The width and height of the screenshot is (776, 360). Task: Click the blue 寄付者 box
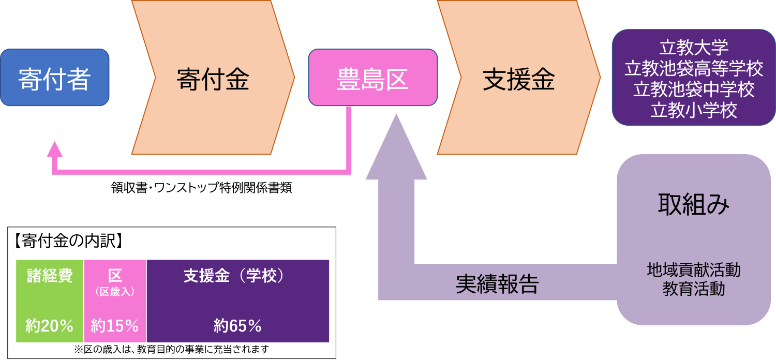click(x=55, y=78)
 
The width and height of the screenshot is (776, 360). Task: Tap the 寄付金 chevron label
click(x=213, y=79)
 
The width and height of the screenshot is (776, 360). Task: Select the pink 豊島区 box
click(x=372, y=79)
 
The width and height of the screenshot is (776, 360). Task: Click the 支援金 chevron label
click(x=519, y=79)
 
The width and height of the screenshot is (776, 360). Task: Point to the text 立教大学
click(x=694, y=48)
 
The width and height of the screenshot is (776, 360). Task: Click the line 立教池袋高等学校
click(x=694, y=68)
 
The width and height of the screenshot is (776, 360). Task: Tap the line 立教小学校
click(x=694, y=110)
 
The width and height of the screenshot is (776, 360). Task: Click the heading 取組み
click(x=694, y=205)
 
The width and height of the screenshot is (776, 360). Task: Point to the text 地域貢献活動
click(x=694, y=269)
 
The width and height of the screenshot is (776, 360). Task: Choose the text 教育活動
click(x=694, y=289)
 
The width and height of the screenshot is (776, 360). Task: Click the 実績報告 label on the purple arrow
click(x=497, y=284)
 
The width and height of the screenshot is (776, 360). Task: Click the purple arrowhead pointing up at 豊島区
click(x=396, y=150)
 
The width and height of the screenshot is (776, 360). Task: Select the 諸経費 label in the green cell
click(x=50, y=276)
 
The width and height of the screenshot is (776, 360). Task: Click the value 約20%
click(x=50, y=326)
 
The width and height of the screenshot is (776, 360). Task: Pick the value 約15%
click(x=115, y=326)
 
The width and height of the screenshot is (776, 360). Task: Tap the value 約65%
click(x=237, y=326)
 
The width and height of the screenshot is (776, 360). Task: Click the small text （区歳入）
click(x=115, y=292)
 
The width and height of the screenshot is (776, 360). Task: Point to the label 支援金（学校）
click(x=235, y=276)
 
